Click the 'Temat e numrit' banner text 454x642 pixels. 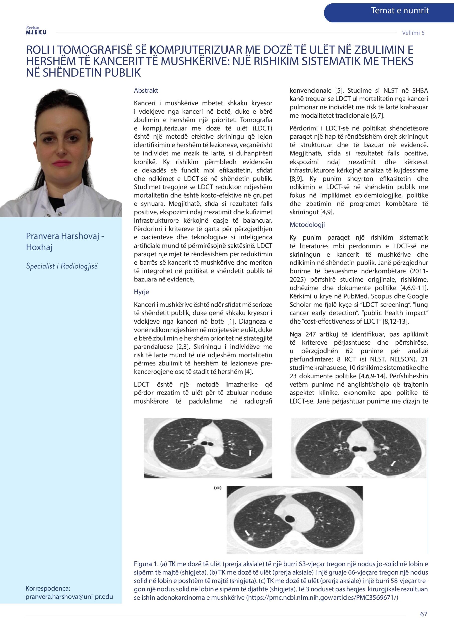[400, 11]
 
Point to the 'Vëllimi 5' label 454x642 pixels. [413, 33]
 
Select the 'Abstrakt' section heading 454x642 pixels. [146, 91]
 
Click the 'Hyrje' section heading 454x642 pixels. [141, 292]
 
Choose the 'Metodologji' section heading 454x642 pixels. [307, 225]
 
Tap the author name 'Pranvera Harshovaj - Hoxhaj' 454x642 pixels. [65, 242]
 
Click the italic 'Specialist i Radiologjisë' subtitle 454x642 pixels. [62, 266]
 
